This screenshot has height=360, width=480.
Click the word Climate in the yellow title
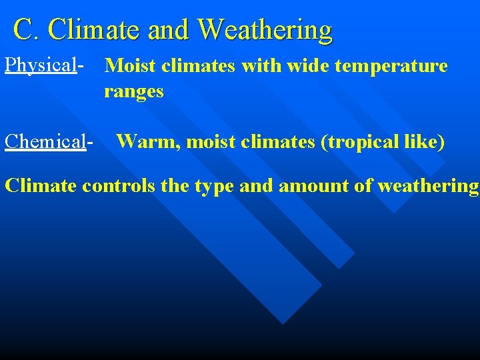[93, 30]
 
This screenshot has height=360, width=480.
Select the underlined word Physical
[41, 65]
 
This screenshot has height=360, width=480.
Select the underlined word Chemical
[45, 141]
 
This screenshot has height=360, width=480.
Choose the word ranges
[133, 91]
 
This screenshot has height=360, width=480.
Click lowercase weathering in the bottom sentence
[427, 186]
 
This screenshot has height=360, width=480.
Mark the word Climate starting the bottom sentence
[41, 185]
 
